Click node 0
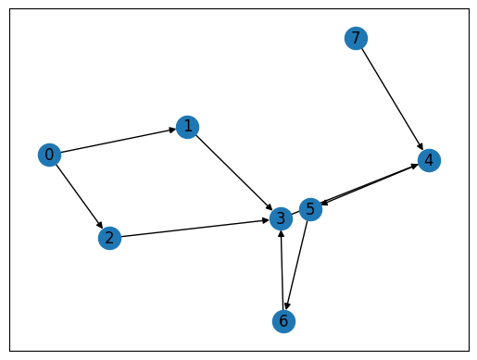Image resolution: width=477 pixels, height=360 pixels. click(49, 155)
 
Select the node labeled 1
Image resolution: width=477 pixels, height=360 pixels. click(187, 127)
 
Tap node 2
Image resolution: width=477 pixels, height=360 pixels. click(109, 238)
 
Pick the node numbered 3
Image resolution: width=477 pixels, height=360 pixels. click(281, 218)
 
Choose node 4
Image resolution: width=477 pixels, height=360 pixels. click(427, 161)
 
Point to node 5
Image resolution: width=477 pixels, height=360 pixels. click(311, 209)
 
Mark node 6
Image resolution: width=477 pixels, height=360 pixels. click(284, 321)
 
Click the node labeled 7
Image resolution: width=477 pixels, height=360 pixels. click(355, 38)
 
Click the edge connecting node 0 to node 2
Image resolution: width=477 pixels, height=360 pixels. click(79, 195)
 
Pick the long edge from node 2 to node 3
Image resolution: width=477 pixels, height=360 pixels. click(195, 229)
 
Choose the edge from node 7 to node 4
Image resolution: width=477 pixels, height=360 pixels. click(390, 97)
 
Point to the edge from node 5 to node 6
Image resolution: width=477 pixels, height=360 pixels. click(298, 264)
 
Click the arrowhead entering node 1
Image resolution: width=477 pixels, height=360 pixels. click(172, 130)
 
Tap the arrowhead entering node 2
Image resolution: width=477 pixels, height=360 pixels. click(99, 225)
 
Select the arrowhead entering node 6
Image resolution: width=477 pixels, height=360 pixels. click(288, 306)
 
